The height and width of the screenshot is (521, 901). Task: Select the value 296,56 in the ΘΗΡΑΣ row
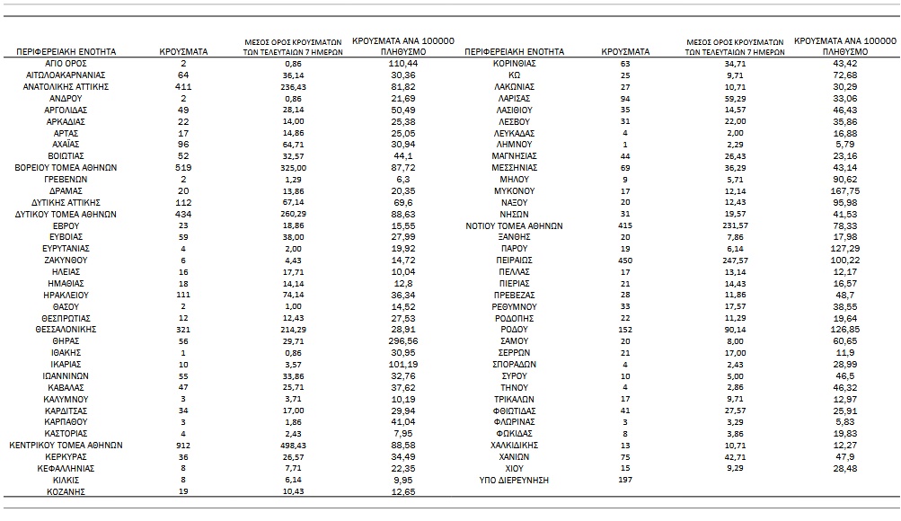click(x=403, y=341)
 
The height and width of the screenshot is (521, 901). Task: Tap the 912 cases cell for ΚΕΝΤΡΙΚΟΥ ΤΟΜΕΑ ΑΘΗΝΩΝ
click(x=183, y=445)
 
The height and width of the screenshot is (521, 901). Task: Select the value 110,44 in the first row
click(x=403, y=65)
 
